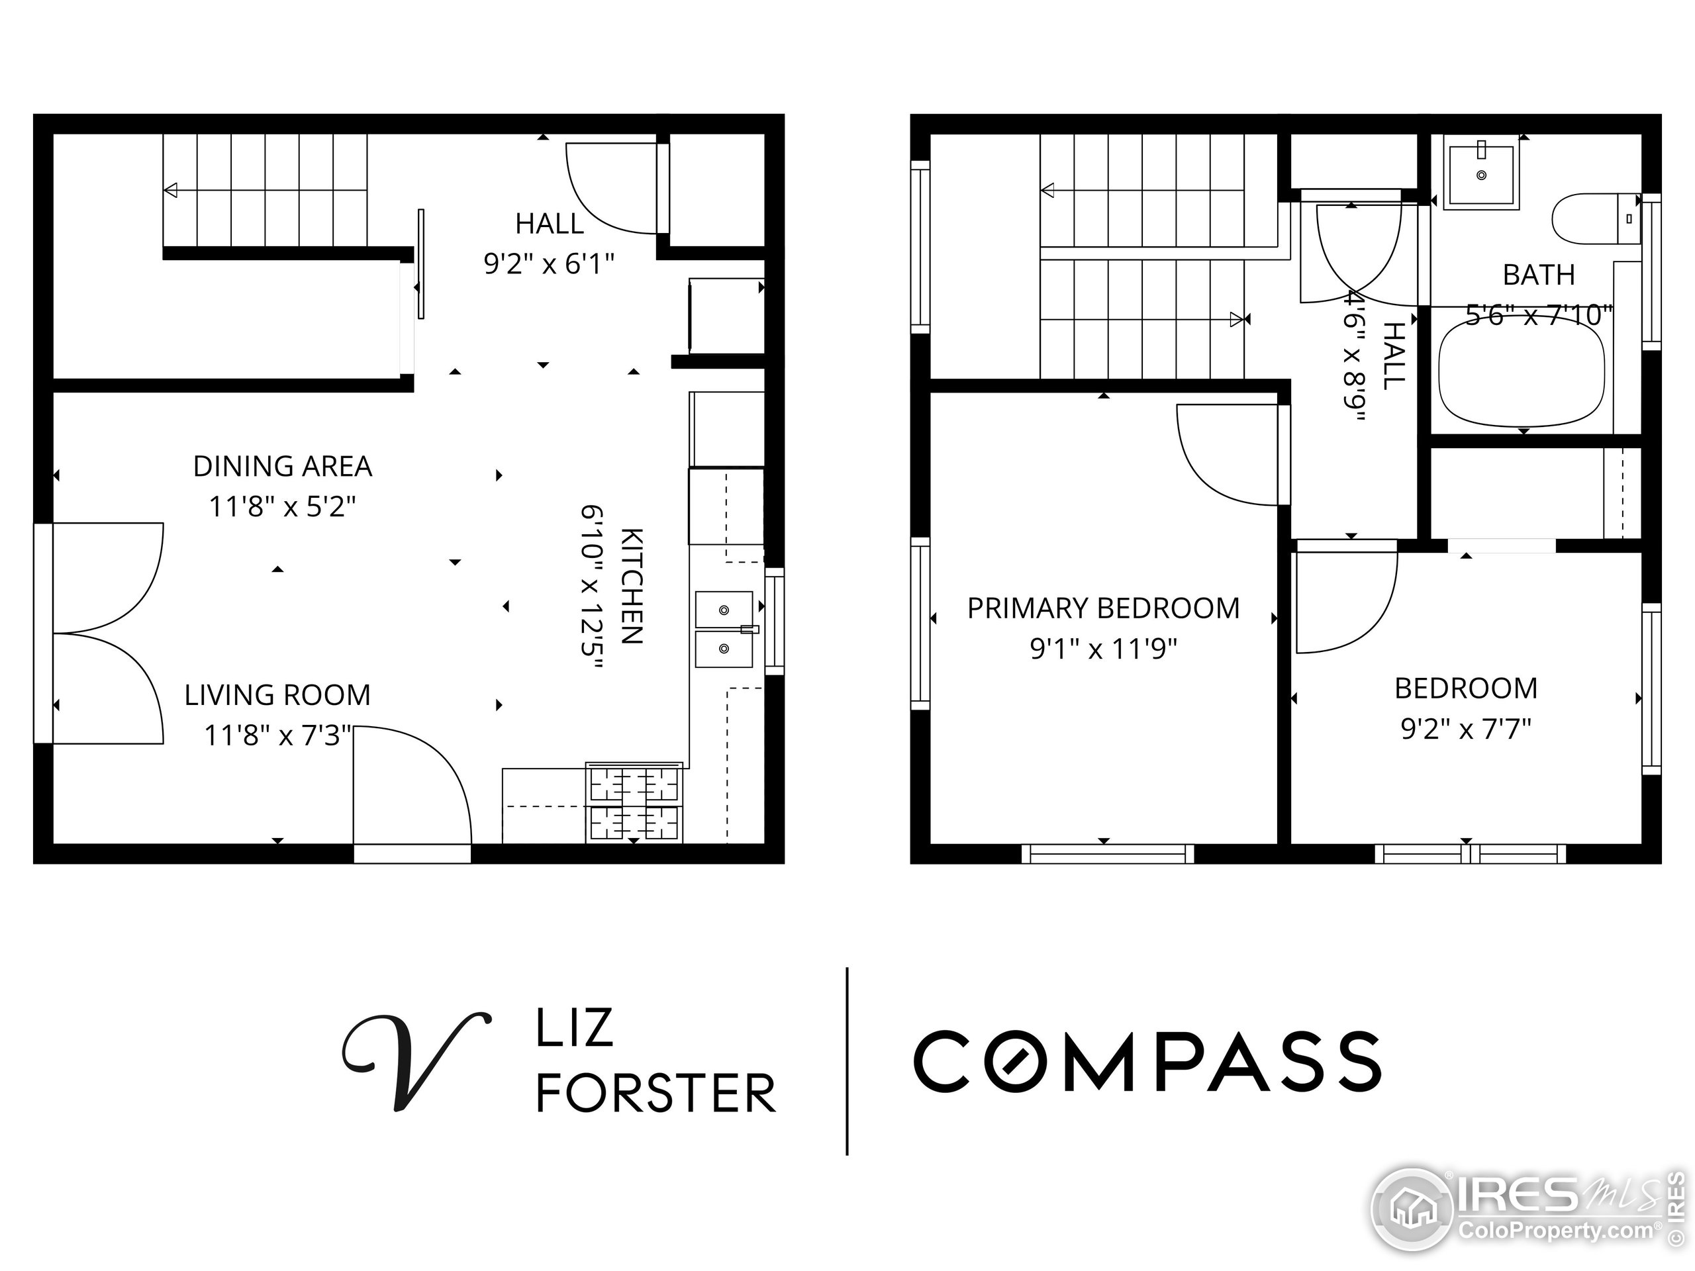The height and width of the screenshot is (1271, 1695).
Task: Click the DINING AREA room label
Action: (x=282, y=466)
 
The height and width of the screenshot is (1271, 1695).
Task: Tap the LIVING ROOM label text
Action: (x=277, y=695)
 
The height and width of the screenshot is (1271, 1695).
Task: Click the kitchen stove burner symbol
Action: (x=634, y=804)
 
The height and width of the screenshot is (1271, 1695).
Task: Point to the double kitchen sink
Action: (x=724, y=629)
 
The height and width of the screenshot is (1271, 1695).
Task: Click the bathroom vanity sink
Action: (x=1480, y=175)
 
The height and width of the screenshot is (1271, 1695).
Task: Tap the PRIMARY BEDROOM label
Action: (x=1102, y=608)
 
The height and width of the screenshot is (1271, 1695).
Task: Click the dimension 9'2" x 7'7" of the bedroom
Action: (x=1465, y=729)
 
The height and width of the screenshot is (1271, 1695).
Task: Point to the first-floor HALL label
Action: (x=549, y=224)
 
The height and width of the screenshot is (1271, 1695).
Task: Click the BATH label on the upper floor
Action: (x=1538, y=274)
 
